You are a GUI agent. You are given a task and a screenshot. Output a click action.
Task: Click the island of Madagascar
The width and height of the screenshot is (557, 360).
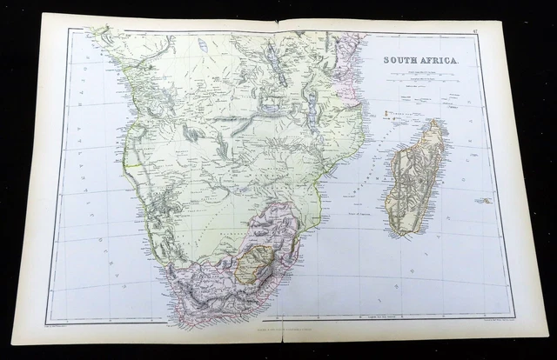[x=417, y=178]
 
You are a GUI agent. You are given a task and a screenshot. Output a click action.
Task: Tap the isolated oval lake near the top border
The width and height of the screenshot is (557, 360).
[x=203, y=44]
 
